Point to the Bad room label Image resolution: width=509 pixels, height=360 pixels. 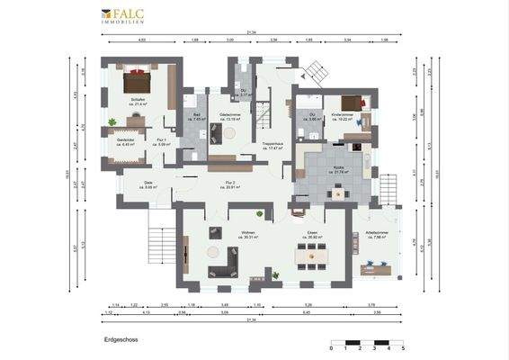195,117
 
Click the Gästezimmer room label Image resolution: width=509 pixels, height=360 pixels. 229,116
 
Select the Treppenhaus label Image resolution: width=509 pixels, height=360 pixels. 273,145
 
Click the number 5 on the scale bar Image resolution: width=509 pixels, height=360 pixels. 403,347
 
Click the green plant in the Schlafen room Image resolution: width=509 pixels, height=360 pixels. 112,121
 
